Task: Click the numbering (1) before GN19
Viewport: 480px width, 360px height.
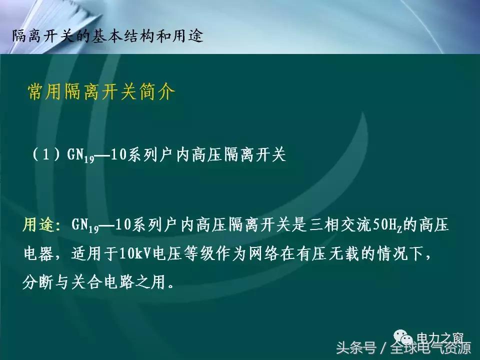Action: point(47,155)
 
